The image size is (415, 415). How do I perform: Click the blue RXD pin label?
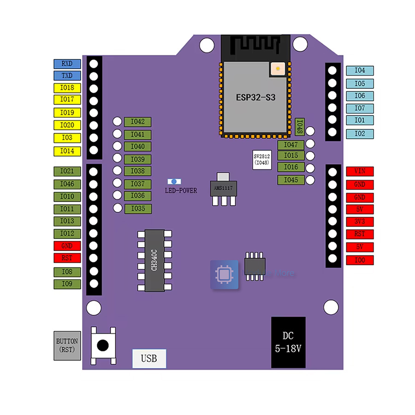(x=67, y=64)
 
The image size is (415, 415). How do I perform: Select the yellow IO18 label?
(x=67, y=88)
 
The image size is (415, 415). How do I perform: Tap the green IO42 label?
(x=138, y=122)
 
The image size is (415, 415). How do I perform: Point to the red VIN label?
(x=360, y=172)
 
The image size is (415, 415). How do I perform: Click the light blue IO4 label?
(x=360, y=71)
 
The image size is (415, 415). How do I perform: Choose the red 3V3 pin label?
(x=360, y=222)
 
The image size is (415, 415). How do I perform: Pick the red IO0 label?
(x=360, y=261)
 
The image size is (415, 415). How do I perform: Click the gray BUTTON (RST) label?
(x=67, y=345)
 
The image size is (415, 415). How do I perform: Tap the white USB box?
(x=149, y=358)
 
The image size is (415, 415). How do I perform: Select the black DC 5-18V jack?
(x=288, y=342)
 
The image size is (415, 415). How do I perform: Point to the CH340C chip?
(x=154, y=261)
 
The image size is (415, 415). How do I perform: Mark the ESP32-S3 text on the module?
(x=256, y=98)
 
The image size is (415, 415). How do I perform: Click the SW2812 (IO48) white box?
(x=261, y=160)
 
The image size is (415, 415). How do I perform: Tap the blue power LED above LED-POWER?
(x=174, y=182)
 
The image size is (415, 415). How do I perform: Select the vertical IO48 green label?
(x=299, y=126)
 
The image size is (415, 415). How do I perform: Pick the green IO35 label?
(x=138, y=209)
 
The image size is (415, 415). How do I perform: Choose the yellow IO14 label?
(x=67, y=151)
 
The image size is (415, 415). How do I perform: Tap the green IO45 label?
(x=291, y=180)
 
